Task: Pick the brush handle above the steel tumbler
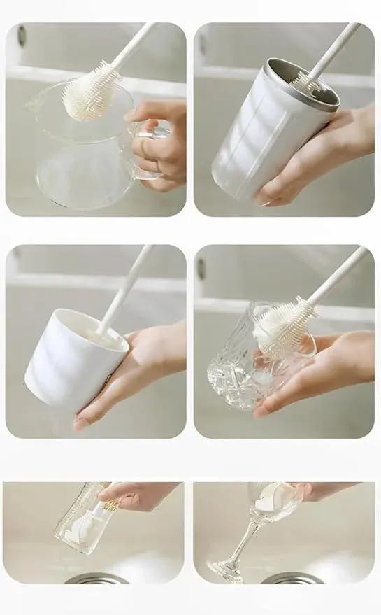331,50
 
